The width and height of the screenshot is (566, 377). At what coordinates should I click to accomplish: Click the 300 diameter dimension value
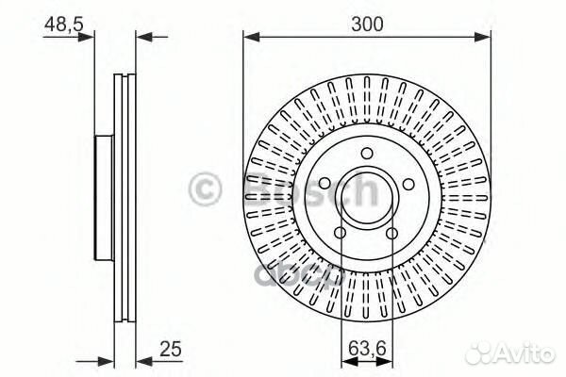(x=366, y=25)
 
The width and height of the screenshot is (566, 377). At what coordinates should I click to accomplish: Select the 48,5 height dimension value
(x=61, y=25)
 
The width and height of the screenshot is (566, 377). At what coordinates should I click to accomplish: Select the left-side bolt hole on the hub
(x=325, y=183)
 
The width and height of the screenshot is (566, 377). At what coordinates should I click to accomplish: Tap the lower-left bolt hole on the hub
(x=341, y=232)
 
